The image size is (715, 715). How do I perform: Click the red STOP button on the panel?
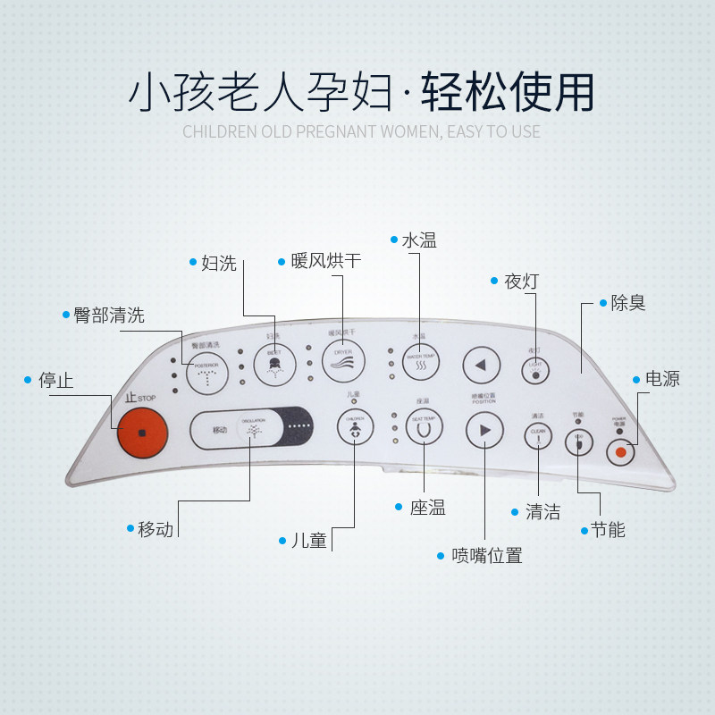[142, 433]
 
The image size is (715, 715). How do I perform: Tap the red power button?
[619, 452]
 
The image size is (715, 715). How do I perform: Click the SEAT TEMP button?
[424, 427]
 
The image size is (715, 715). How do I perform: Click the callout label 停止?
[56, 380]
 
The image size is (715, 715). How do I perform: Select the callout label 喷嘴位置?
[487, 555]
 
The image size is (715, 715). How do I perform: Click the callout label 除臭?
[628, 303]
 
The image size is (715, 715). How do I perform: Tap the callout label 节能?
[608, 529]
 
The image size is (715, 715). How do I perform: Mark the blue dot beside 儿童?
[282, 540]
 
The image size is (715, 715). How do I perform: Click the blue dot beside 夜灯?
[494, 281]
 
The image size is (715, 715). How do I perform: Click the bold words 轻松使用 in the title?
[508, 90]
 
